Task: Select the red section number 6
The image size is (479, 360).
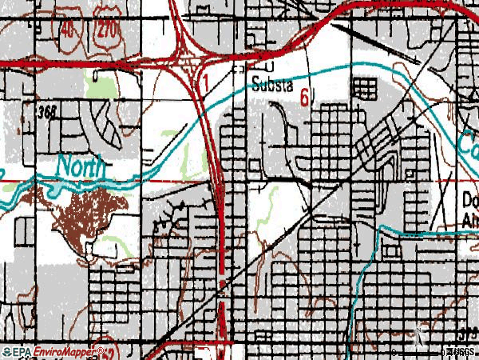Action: [x=305, y=97]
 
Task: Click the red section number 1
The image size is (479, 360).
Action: [x=205, y=82]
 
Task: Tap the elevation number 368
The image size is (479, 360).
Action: [x=46, y=113]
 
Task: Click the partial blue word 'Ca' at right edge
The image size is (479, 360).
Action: [x=467, y=144]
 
